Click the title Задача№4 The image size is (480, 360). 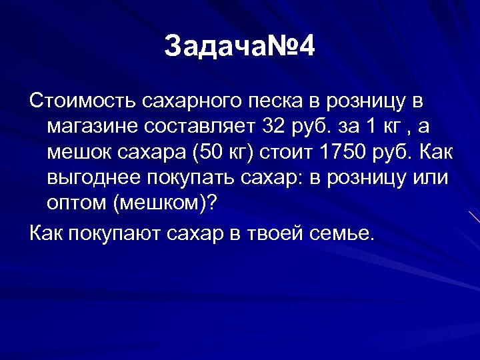(x=239, y=47)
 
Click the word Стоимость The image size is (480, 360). (x=83, y=101)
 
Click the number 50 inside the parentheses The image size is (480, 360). (x=211, y=153)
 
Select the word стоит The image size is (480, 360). (x=283, y=153)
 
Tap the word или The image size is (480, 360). (x=432, y=179)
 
